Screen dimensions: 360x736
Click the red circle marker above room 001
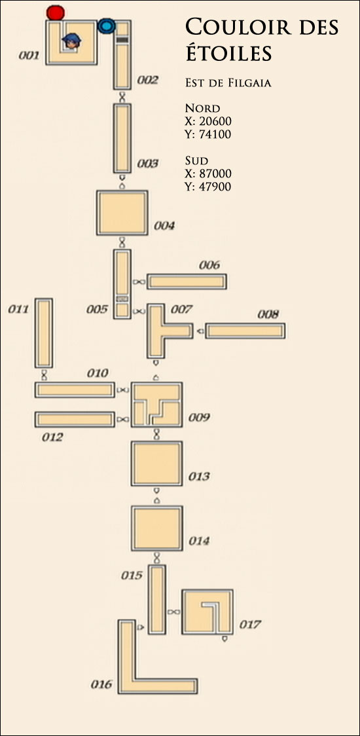(56, 12)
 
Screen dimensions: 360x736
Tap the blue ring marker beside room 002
(107, 26)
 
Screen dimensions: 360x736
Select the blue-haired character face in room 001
(71, 41)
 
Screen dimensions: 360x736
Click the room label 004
(164, 226)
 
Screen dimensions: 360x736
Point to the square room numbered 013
(157, 464)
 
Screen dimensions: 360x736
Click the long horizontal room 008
(245, 331)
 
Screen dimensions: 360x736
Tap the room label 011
(18, 309)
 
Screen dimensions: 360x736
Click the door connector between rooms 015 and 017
(173, 612)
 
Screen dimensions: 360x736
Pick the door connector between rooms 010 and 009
(122, 390)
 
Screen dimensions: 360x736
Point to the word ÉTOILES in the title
(228, 52)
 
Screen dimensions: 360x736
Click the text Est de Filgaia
(228, 84)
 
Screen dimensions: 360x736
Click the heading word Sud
(196, 162)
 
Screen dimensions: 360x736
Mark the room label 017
(249, 625)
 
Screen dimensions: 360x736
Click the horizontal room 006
(187, 282)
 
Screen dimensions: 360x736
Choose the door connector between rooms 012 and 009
(122, 419)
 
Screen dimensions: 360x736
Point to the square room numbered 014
(157, 528)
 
